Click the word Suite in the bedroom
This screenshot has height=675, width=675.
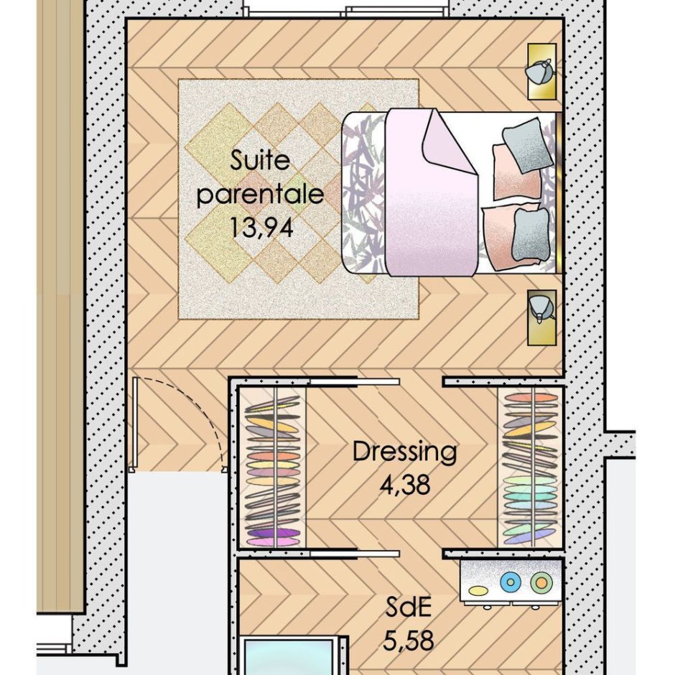[x=259, y=161]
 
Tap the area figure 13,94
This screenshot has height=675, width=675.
[x=261, y=227]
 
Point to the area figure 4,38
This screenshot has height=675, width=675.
[x=405, y=485]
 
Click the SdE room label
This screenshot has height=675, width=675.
[x=408, y=607]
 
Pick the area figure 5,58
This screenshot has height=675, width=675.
[x=408, y=640]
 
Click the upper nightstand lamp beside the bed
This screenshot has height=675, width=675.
[x=540, y=72]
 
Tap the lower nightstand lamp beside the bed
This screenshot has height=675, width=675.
[x=541, y=309]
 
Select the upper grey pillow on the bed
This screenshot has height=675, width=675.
[x=526, y=145]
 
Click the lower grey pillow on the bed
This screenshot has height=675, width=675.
[x=531, y=236]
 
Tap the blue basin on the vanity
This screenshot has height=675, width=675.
[x=511, y=582]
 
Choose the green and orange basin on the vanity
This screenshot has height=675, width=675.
[x=541, y=582]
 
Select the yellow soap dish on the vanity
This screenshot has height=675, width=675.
[x=478, y=590]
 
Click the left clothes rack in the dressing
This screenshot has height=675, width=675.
[x=273, y=467]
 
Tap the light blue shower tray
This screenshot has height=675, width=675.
[x=289, y=656]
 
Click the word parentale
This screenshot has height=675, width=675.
[x=260, y=195]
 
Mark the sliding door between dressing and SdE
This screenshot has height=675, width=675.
[x=355, y=554]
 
